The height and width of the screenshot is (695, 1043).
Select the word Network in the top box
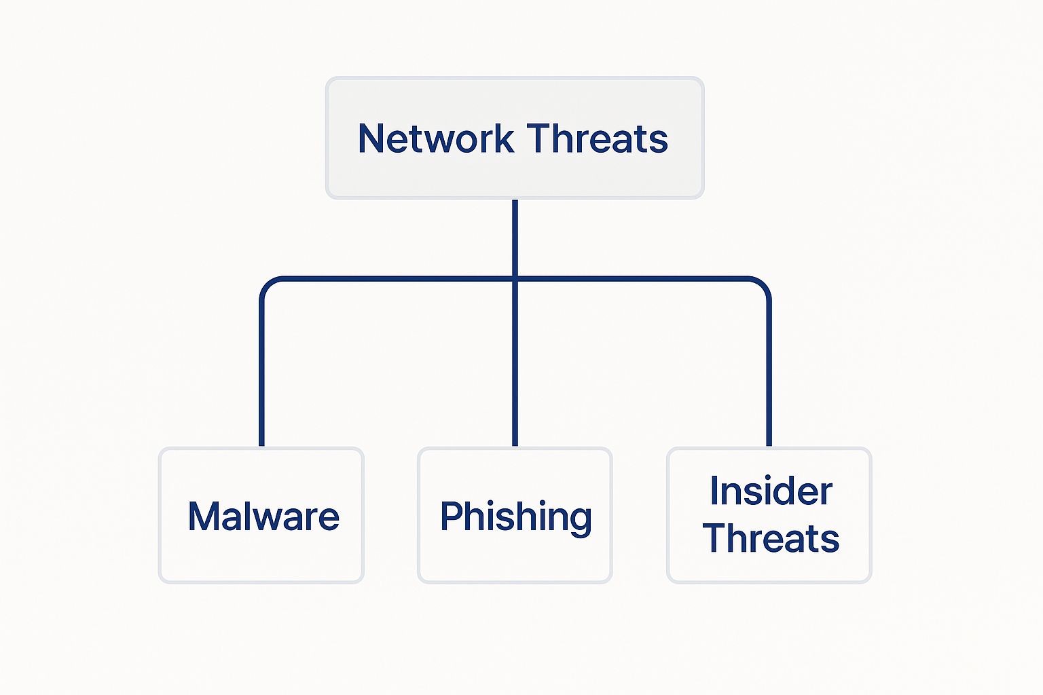coord(435,138)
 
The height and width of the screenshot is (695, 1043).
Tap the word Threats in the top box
coord(598,138)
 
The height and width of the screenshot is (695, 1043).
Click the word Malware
coord(263,516)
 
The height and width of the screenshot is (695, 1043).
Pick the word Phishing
coord(516,516)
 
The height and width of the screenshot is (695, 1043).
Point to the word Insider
coord(771,491)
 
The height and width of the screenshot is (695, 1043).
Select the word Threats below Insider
coord(771,538)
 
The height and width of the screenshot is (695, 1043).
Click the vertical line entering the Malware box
coord(261,380)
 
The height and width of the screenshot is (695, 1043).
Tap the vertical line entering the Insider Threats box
coord(769,380)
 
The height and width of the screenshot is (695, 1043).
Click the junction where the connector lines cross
coord(515,278)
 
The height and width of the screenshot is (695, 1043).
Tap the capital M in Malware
coord(203,516)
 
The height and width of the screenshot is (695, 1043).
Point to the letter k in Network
coord(504,138)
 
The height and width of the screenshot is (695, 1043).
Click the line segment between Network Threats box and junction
coord(515,238)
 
